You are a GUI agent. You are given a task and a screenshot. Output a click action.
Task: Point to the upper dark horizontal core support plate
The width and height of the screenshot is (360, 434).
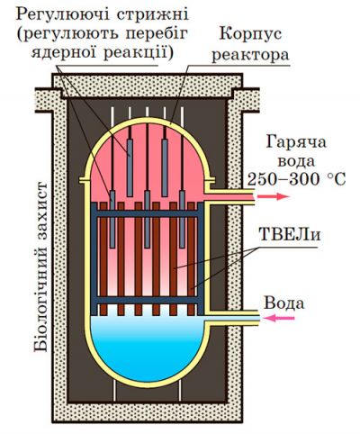coord(148,209)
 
